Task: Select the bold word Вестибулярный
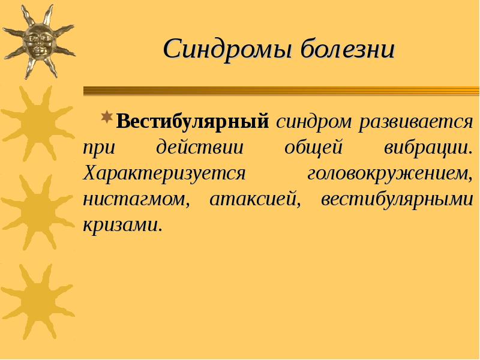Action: [x=192, y=122]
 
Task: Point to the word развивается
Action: [x=416, y=122]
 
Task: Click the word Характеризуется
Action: [x=165, y=173]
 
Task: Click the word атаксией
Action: [x=254, y=199]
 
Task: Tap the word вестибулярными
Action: [x=397, y=199]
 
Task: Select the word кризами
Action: [x=123, y=225]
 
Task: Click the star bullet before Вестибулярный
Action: [x=106, y=116]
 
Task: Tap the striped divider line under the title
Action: [x=281, y=91]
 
